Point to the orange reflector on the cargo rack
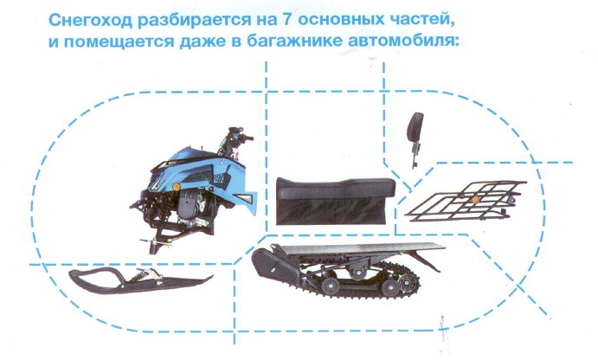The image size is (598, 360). click(475, 200)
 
